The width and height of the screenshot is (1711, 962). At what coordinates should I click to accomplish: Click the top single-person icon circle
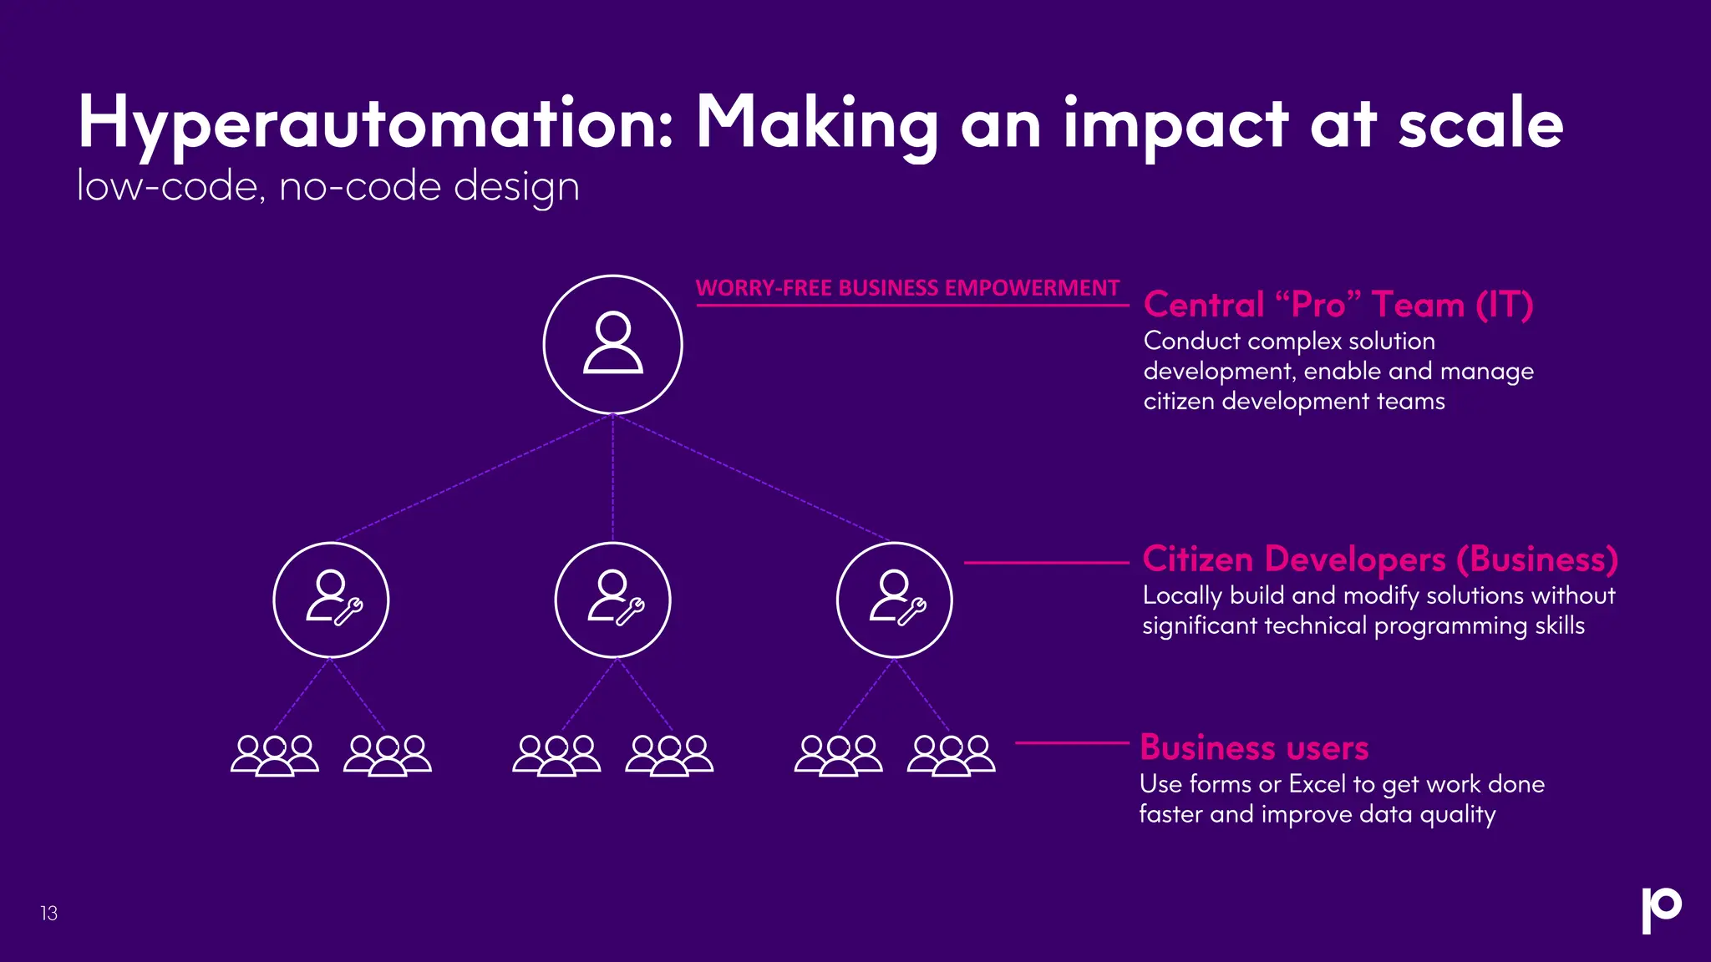pyautogui.click(x=612, y=344)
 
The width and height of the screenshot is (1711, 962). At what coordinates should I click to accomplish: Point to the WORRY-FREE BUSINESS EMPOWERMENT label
pyautogui.click(x=907, y=288)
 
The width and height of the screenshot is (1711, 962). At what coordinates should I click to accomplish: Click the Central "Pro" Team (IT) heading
pyautogui.click(x=1338, y=305)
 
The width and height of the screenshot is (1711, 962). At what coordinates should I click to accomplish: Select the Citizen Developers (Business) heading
pyautogui.click(x=1379, y=559)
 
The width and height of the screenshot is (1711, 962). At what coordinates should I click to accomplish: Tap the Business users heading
pyautogui.click(x=1254, y=747)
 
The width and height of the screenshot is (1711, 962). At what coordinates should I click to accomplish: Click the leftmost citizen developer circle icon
pyautogui.click(x=331, y=600)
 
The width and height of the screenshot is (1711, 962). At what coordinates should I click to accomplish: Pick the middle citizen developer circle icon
pyautogui.click(x=612, y=600)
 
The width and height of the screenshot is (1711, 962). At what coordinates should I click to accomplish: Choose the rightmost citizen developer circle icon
pyautogui.click(x=894, y=600)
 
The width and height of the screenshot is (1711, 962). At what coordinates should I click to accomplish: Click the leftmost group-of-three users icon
pyautogui.click(x=274, y=756)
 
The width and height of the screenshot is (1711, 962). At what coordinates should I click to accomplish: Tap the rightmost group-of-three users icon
pyautogui.click(x=951, y=756)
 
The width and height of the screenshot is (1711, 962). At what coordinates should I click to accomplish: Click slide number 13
pyautogui.click(x=49, y=914)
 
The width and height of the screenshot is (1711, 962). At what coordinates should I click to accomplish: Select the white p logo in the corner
pyautogui.click(x=1661, y=909)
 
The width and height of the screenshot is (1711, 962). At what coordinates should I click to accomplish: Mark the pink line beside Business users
pyautogui.click(x=1072, y=742)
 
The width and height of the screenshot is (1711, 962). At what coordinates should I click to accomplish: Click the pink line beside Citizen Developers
pyautogui.click(x=1046, y=563)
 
